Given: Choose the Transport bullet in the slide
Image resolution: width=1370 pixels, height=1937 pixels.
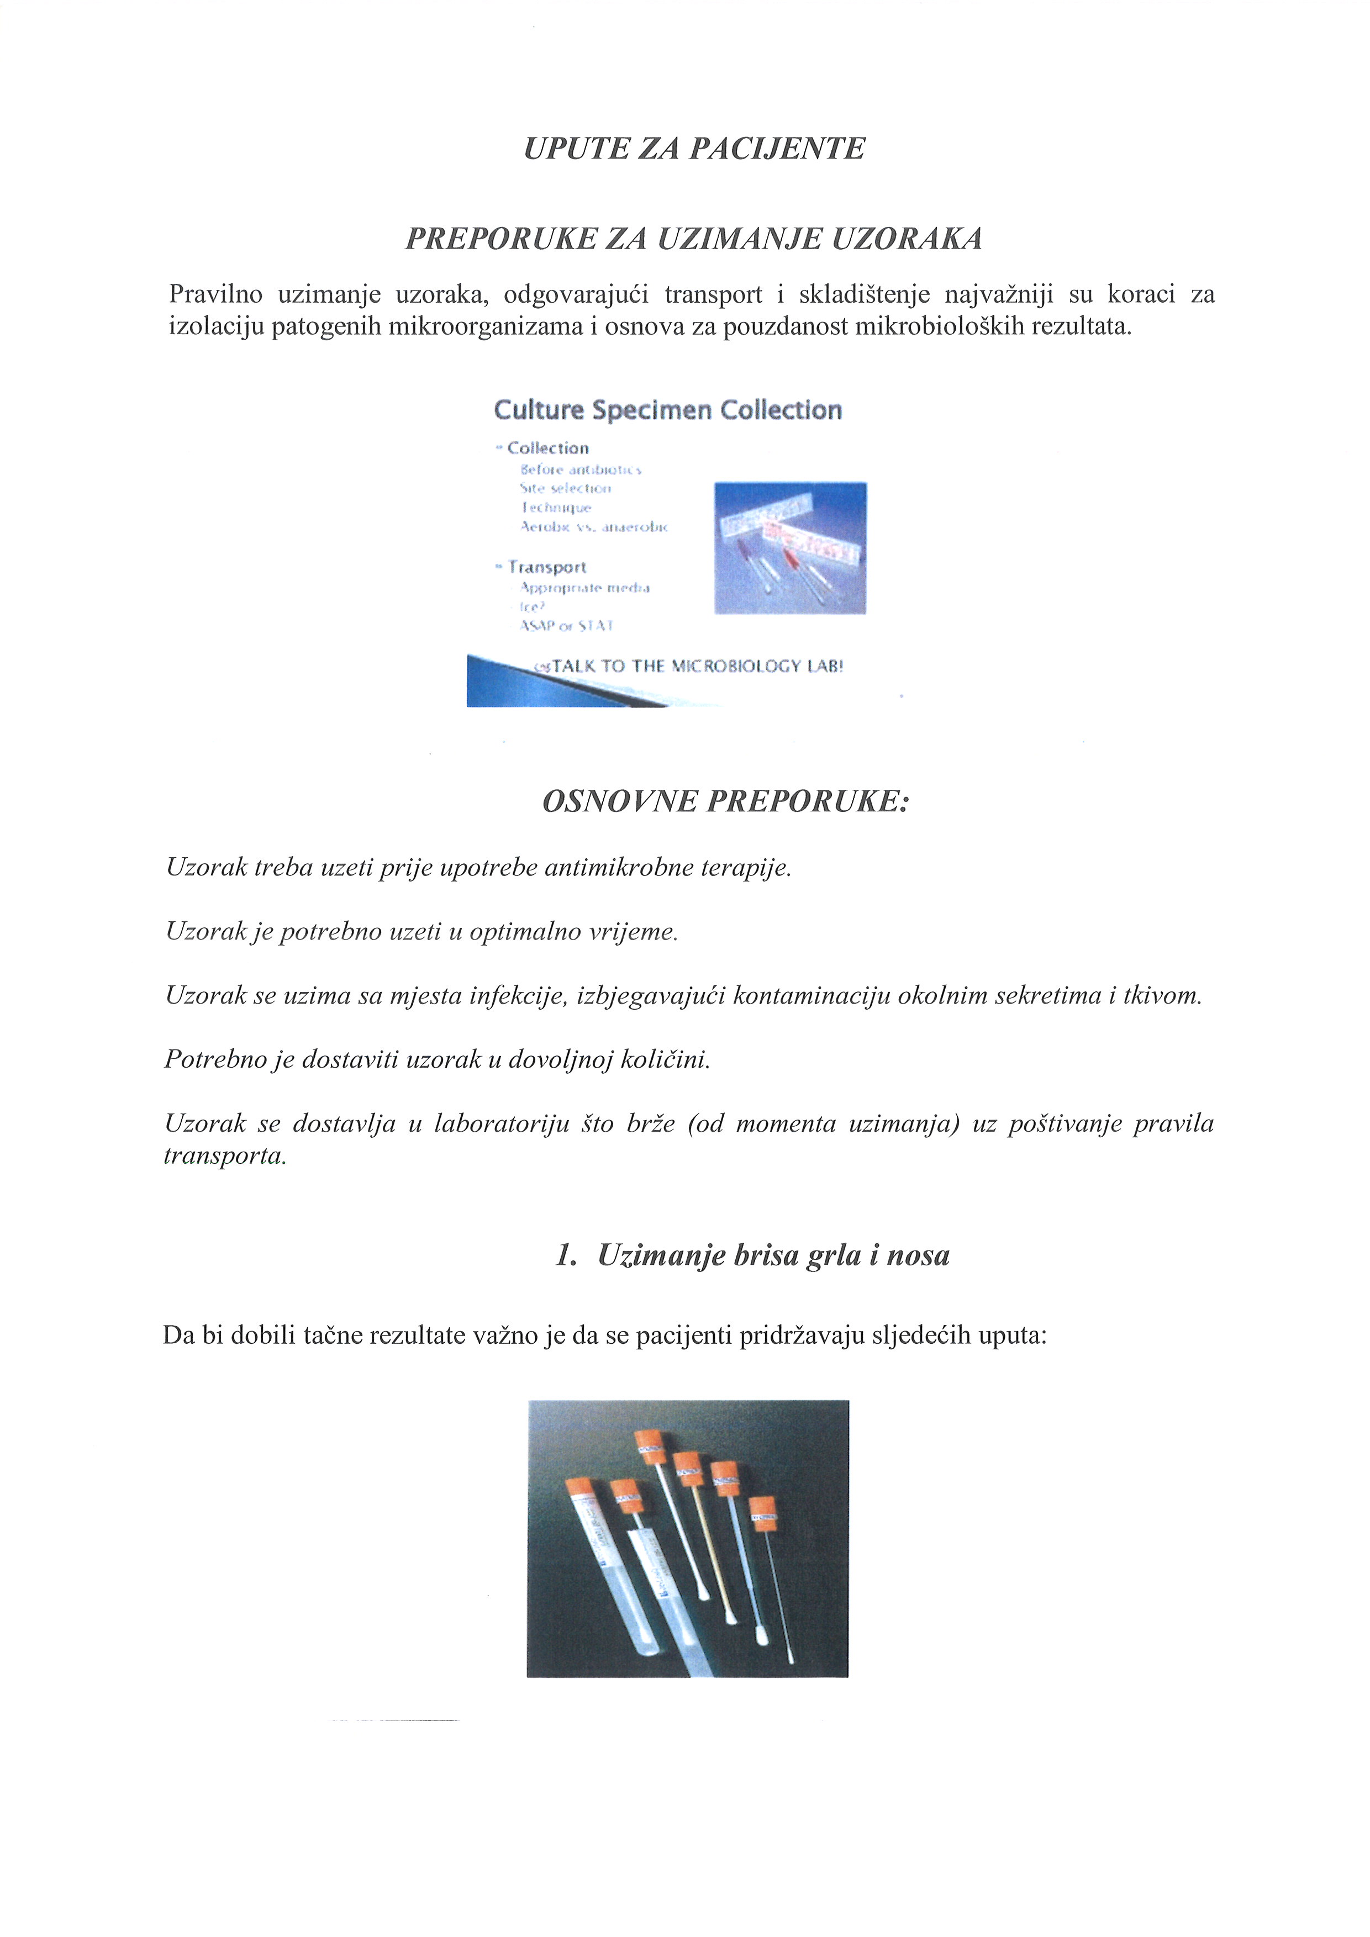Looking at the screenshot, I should (x=547, y=568).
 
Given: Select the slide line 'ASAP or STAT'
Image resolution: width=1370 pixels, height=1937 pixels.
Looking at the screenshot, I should (x=566, y=626).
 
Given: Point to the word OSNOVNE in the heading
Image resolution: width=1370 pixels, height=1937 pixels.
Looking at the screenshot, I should (x=619, y=801).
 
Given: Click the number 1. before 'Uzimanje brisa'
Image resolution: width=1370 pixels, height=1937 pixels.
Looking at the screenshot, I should (x=566, y=1256).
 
